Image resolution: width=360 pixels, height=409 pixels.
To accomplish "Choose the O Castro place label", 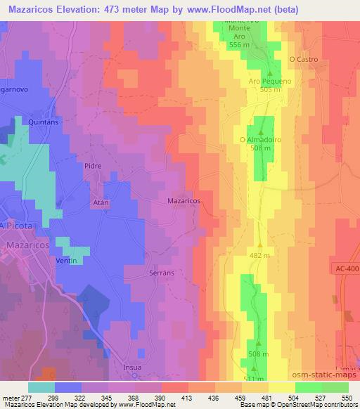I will point(304,60).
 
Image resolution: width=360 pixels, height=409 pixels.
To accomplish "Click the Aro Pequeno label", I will point(270,81).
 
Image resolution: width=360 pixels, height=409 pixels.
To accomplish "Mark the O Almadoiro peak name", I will point(261,139).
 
